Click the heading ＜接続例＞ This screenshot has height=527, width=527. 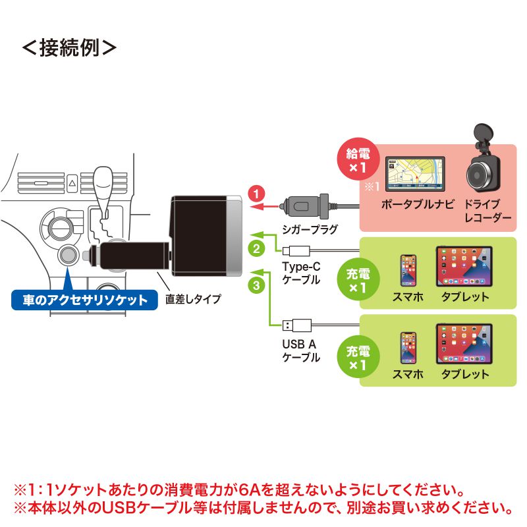pyautogui.click(x=69, y=49)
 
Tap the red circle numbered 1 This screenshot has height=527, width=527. pyautogui.click(x=257, y=194)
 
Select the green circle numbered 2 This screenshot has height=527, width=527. pyautogui.click(x=257, y=248)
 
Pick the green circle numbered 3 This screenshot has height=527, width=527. pyautogui.click(x=257, y=285)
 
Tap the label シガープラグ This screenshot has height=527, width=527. pyautogui.click(x=308, y=229)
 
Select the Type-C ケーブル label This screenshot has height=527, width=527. pyautogui.click(x=301, y=273)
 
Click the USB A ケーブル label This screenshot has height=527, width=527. pyautogui.click(x=300, y=350)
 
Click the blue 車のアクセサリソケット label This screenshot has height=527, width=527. pyautogui.click(x=85, y=300)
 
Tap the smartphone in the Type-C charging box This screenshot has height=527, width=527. pyautogui.click(x=408, y=270)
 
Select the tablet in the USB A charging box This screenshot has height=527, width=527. pyautogui.click(x=464, y=343)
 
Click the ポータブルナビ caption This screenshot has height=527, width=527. pyautogui.click(x=418, y=204)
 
